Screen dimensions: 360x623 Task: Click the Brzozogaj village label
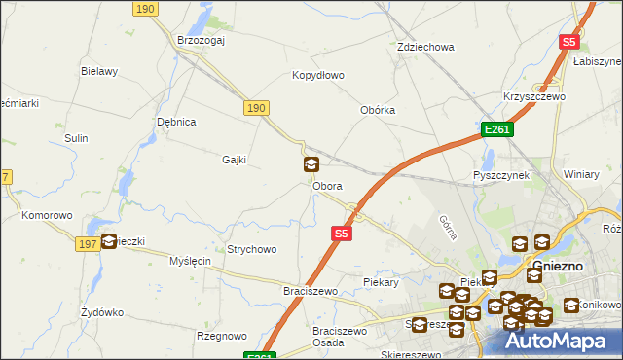pos(202,40)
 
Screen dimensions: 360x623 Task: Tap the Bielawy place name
pos(99,71)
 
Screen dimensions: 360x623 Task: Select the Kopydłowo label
pos(318,75)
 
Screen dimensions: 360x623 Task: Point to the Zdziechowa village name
pos(426,47)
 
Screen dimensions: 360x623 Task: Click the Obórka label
pos(378,110)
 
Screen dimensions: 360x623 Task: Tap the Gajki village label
pos(234,160)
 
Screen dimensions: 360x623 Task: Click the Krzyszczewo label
pos(534,97)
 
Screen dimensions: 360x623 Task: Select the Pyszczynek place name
pos(500,175)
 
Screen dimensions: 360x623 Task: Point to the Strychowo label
pos(251,249)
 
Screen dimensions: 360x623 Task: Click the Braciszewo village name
pos(310,291)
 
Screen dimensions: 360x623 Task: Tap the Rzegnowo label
pos(221,336)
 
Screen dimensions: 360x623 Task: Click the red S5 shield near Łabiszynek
pos(569,42)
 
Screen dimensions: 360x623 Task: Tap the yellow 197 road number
pos(86,243)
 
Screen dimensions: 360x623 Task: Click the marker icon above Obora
pos(311,165)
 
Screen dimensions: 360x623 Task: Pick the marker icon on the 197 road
pos(109,241)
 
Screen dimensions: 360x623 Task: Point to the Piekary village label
pos(381,282)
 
